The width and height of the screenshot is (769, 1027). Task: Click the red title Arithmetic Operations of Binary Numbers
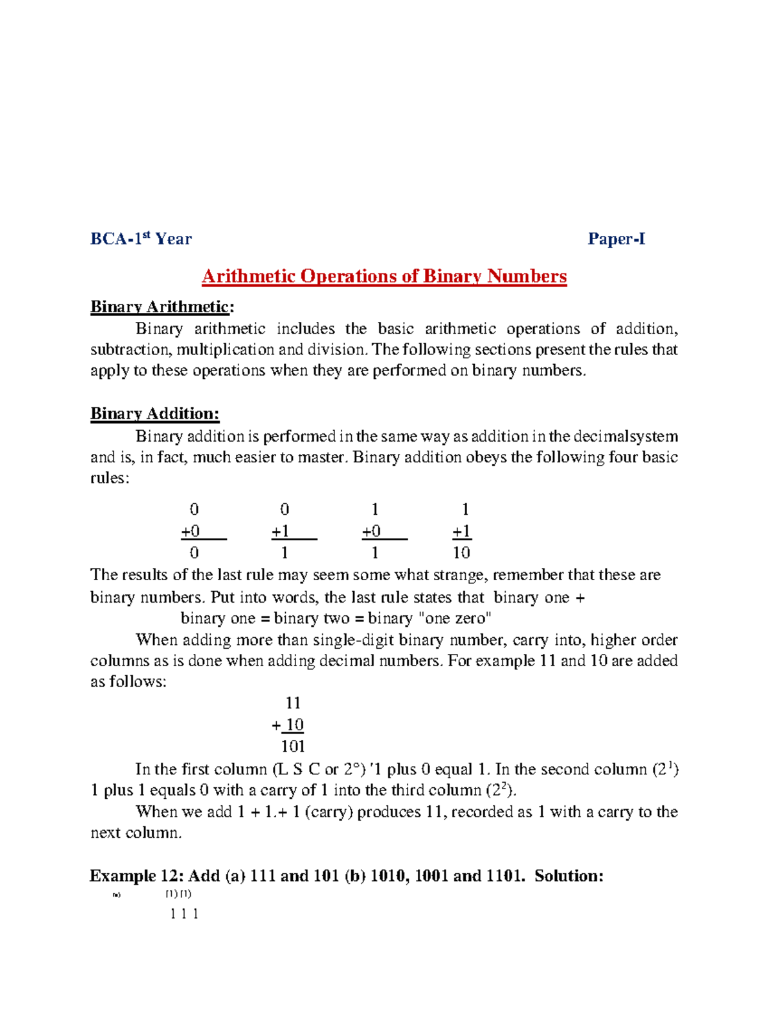384,276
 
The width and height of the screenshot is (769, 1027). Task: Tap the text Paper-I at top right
616,239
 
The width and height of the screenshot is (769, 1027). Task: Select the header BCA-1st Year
141,239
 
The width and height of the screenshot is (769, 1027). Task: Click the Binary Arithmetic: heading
162,306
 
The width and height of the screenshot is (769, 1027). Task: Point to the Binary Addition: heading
154,413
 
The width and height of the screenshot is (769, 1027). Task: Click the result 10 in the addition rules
461,553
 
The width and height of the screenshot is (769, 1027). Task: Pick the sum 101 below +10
293,746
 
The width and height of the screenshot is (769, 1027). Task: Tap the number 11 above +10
294,703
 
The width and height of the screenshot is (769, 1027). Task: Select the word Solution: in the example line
569,876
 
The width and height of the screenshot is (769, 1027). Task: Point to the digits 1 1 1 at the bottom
185,914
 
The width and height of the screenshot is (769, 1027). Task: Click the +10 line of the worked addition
288,725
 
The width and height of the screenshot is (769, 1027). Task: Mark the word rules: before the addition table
110,478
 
